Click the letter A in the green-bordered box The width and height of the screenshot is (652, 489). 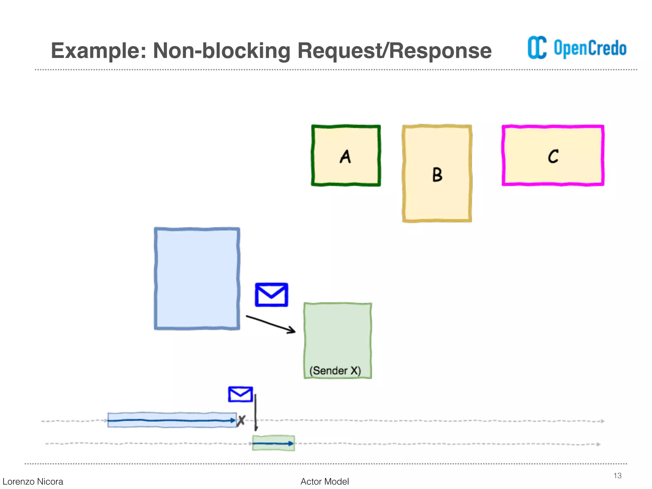point(345,157)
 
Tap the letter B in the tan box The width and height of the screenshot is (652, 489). point(437,174)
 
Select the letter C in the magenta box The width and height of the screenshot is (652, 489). point(553,156)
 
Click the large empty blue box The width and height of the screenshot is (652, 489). point(197,279)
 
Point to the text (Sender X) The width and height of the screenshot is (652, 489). point(335,371)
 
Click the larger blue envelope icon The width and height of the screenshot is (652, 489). point(271,295)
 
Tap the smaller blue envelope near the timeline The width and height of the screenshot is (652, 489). point(240,394)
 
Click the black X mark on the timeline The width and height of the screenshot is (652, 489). point(241,421)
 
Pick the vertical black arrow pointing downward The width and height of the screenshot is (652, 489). point(256,412)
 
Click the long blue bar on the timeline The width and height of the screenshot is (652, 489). point(172,420)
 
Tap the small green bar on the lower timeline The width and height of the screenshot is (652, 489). point(273,443)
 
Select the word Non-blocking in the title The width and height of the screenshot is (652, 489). point(222,51)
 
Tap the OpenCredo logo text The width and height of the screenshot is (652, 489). point(590,48)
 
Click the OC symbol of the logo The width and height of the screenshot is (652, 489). point(537,48)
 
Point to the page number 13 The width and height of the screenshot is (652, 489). point(617,476)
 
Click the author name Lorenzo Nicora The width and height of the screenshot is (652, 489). point(33,481)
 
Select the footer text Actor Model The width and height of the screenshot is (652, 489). point(324,481)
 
